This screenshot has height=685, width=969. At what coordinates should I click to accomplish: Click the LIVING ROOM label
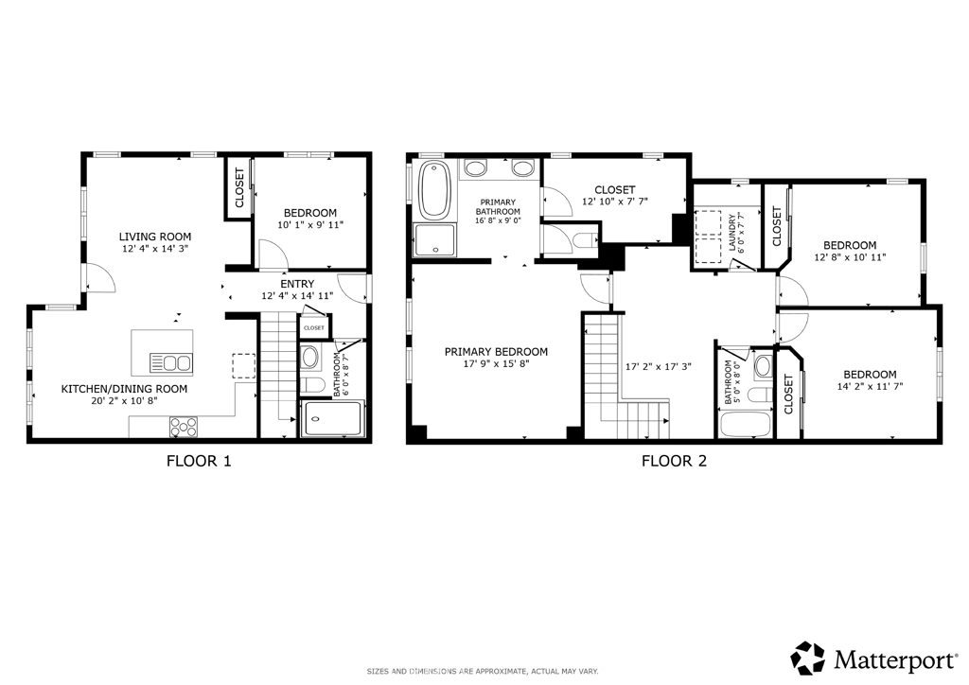155,237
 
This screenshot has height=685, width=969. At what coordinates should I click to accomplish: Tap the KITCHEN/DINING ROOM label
124,389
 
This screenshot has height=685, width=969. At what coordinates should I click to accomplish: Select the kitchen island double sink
171,362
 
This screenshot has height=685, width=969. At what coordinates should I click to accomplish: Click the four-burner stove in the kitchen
184,427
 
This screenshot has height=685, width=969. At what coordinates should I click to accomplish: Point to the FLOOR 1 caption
199,461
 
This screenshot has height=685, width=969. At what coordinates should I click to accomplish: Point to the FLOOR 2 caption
674,461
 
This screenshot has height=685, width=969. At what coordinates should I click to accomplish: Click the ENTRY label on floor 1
297,284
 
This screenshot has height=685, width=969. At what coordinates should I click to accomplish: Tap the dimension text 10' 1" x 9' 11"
310,225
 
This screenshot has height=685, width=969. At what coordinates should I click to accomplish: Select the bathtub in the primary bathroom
434,189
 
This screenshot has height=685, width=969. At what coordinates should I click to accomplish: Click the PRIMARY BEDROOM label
496,352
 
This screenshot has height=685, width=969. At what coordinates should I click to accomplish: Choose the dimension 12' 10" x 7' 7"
615,202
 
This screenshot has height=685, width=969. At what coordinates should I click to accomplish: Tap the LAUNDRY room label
732,232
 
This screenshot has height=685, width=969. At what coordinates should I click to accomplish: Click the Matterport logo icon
808,659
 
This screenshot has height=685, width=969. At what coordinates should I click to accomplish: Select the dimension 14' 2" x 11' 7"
871,387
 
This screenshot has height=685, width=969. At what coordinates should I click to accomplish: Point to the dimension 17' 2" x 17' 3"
659,366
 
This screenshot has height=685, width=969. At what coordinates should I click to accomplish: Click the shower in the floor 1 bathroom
332,419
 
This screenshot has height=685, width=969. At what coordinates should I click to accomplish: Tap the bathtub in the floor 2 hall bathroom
745,424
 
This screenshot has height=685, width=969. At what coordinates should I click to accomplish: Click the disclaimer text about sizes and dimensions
483,672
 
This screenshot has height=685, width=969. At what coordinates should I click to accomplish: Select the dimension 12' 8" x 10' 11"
850,257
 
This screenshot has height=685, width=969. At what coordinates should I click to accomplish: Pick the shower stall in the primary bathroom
435,240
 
